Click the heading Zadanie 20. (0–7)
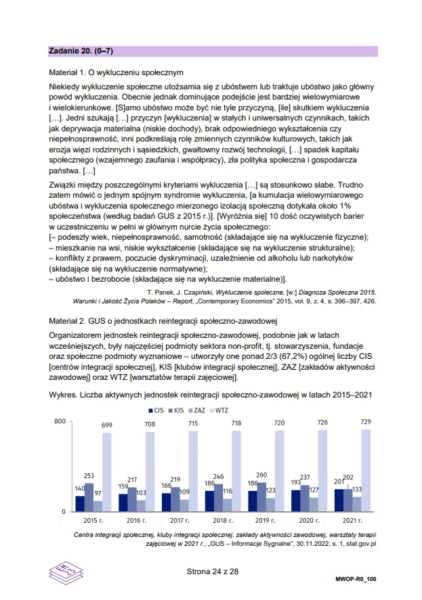[x=85, y=51]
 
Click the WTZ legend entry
[x=217, y=410]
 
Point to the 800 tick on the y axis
[x=58, y=422]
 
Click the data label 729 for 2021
[x=366, y=422]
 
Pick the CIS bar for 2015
[x=80, y=503]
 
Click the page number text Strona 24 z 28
[x=213, y=572]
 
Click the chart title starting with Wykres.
[x=210, y=394]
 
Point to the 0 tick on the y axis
[x=62, y=512]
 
